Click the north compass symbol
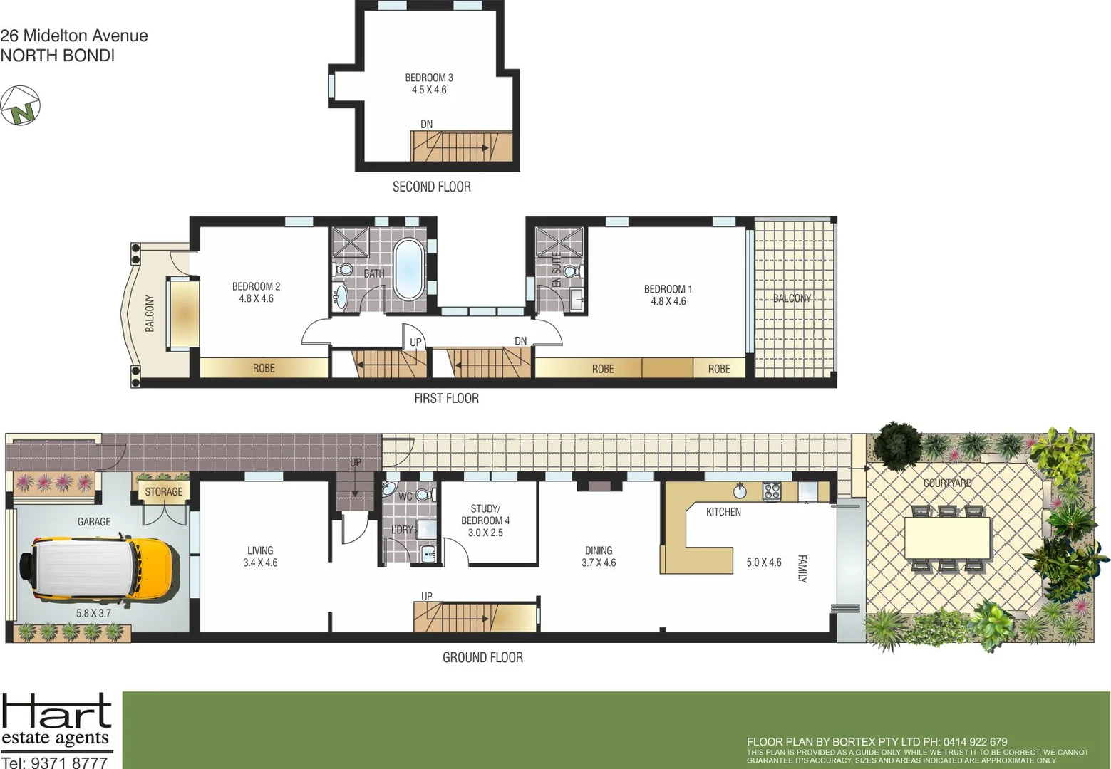point(20,106)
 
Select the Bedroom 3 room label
point(429,83)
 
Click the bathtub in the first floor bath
point(408,269)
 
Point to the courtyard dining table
point(947,538)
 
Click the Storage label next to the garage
point(163,492)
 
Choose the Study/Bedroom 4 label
point(485,520)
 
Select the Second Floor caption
point(431,187)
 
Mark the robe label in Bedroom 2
point(264,368)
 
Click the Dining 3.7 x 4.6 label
point(599,556)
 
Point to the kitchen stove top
point(772,491)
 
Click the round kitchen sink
point(740,491)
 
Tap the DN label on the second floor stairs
point(426,124)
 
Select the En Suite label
point(557,269)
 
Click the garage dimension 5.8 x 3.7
point(93,612)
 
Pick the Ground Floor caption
point(482,657)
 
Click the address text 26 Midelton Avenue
point(74,36)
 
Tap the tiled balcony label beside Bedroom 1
point(792,298)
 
